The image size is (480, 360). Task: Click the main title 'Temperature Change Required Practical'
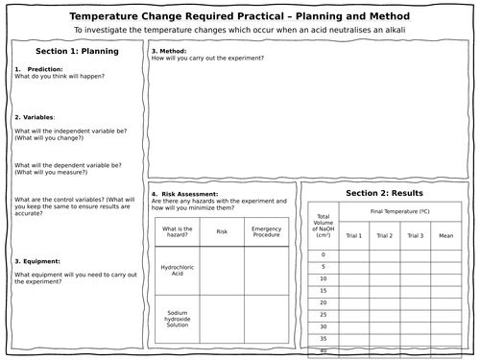(x=240, y=16)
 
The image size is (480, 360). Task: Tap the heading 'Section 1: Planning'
(x=73, y=51)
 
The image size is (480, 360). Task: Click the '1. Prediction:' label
(x=36, y=70)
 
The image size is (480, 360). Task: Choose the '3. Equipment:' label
(x=38, y=261)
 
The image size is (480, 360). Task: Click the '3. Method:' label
(x=169, y=50)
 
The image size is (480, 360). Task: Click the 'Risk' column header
(x=222, y=231)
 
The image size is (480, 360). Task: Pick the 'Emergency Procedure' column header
(x=266, y=231)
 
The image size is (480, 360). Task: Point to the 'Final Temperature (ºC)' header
(x=399, y=210)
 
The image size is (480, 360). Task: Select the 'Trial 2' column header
(x=384, y=235)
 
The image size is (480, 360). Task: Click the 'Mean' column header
(x=445, y=235)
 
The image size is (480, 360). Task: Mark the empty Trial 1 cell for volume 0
(x=353, y=254)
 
